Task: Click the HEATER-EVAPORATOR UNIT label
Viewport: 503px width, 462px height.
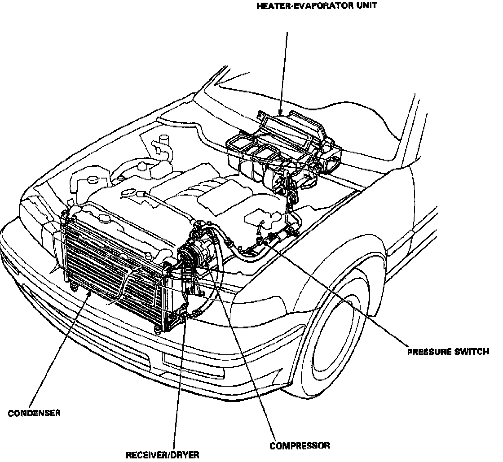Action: [316, 6]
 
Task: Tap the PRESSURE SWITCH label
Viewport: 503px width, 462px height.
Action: [448, 352]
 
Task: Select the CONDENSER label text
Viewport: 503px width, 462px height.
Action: [34, 413]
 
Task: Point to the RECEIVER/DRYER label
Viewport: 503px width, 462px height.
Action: [162, 455]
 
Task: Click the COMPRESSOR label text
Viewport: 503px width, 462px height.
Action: [300, 445]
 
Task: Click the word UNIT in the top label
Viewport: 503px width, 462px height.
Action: [366, 6]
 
